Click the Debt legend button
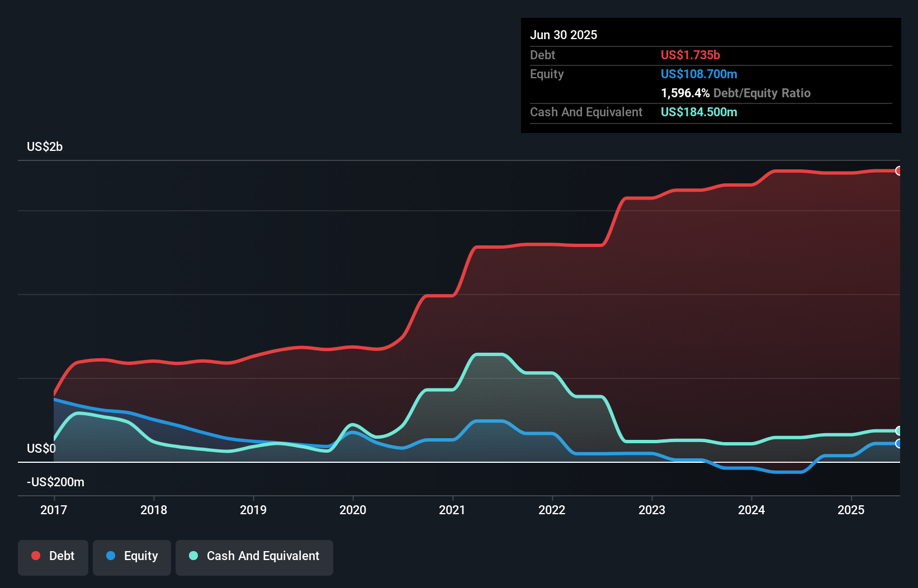[x=53, y=557]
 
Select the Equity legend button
[x=132, y=557]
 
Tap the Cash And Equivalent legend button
[x=254, y=557]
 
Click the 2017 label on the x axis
[x=54, y=510]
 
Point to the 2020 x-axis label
[x=353, y=510]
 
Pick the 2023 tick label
[x=652, y=510]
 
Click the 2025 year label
[x=851, y=510]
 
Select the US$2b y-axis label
[x=45, y=147]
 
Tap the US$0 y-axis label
[x=41, y=449]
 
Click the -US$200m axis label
[x=55, y=482]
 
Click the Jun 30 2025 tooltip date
[x=564, y=35]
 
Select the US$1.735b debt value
[x=690, y=55]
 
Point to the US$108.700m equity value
[x=698, y=74]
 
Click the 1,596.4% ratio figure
[x=685, y=93]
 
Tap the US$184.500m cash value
[x=698, y=112]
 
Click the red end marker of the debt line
[x=898, y=171]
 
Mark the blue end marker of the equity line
[x=898, y=444]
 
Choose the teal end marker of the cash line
[x=898, y=431]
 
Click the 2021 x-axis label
[x=452, y=510]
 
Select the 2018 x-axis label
[x=154, y=510]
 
